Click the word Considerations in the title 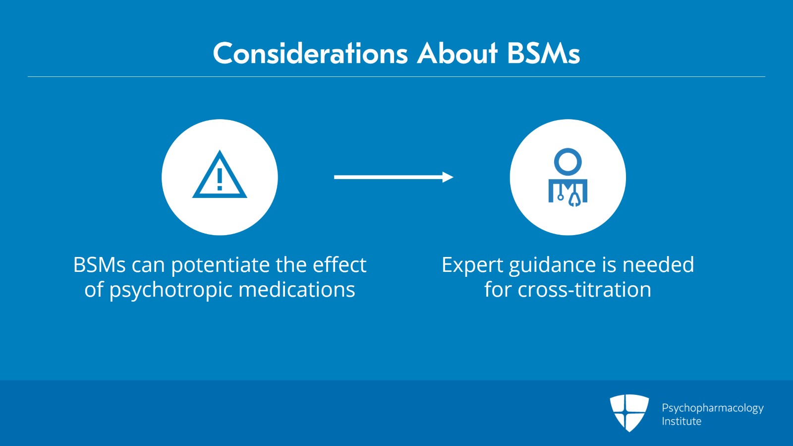click(310, 54)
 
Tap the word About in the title click(457, 54)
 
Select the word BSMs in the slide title click(543, 54)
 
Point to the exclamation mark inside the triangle click(220, 179)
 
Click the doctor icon click(568, 177)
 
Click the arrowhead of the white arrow click(448, 177)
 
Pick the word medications click(297, 289)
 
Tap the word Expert click(472, 266)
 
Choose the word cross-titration click(584, 289)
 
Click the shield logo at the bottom click(629, 413)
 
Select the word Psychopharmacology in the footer click(713, 408)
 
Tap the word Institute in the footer click(681, 421)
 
